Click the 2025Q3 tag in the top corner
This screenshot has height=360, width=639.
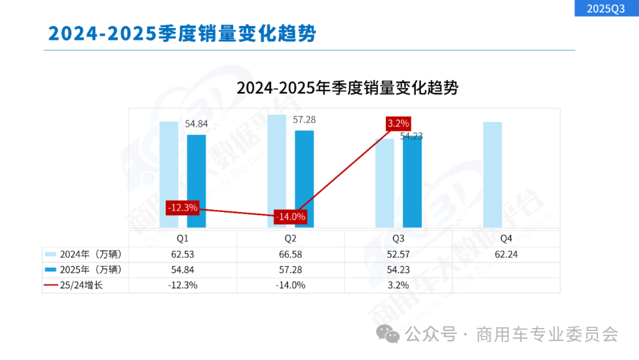click(x=606, y=8)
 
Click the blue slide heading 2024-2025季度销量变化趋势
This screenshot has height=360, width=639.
click(x=182, y=33)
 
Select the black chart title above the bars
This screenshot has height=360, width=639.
click(x=347, y=88)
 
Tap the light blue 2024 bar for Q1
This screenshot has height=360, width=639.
click(x=169, y=174)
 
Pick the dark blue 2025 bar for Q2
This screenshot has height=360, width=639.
click(x=304, y=178)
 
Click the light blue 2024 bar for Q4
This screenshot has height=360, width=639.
click(x=492, y=174)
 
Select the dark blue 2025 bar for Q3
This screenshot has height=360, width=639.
click(x=412, y=182)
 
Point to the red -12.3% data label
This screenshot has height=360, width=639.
click(x=182, y=208)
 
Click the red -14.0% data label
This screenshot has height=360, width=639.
click(x=291, y=217)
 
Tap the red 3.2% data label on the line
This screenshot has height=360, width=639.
click(x=398, y=124)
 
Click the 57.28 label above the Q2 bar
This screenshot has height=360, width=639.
click(x=304, y=120)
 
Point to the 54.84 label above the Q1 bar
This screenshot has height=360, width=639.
click(x=196, y=124)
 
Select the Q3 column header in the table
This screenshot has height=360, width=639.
click(x=398, y=239)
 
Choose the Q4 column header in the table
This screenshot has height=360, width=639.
click(x=506, y=239)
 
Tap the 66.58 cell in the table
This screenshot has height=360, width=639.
click(x=291, y=255)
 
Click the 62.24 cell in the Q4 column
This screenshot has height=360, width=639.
click(x=506, y=255)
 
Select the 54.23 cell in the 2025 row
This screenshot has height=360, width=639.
click(x=398, y=270)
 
